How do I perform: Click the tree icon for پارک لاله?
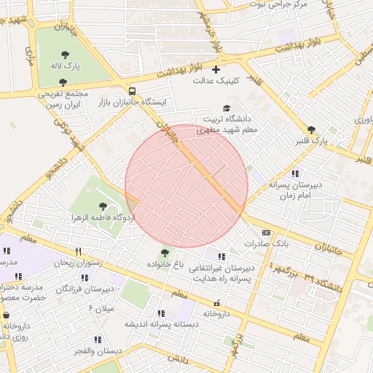tap(66, 55)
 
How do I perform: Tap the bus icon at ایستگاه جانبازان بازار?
tap(132, 91)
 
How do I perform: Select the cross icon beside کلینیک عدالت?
tap(215, 69)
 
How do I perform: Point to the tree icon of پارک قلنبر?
tap(311, 129)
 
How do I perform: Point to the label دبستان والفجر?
tap(76, 351)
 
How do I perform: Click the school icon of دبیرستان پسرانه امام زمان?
tap(295, 173)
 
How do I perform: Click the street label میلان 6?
tap(101, 309)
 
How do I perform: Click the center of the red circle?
tap(186, 186)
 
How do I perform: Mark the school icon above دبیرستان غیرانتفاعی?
tap(221, 256)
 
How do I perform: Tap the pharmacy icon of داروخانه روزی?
tap(7, 315)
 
